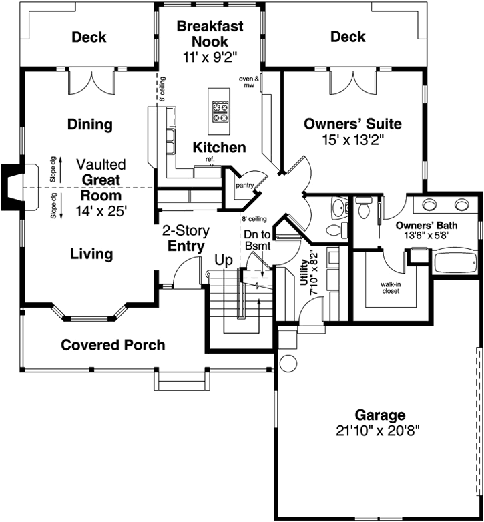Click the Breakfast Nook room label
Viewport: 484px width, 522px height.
click(210, 34)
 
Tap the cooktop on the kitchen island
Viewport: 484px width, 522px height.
click(220, 111)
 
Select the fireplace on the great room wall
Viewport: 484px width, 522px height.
click(11, 185)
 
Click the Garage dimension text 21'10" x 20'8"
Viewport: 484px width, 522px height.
click(379, 431)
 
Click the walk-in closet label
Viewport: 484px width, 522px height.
click(391, 288)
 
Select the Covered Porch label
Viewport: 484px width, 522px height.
click(113, 345)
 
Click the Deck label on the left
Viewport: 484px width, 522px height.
click(89, 37)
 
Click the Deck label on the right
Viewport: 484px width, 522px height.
click(348, 37)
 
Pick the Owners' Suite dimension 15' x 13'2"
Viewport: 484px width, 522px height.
click(352, 140)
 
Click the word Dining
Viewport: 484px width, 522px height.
click(89, 125)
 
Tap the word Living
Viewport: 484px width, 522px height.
click(91, 254)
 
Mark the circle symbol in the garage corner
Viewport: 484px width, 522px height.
click(288, 363)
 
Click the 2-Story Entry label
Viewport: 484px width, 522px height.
click(186, 239)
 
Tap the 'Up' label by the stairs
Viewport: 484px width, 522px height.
click(222, 260)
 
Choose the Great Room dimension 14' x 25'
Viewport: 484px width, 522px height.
click(101, 210)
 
